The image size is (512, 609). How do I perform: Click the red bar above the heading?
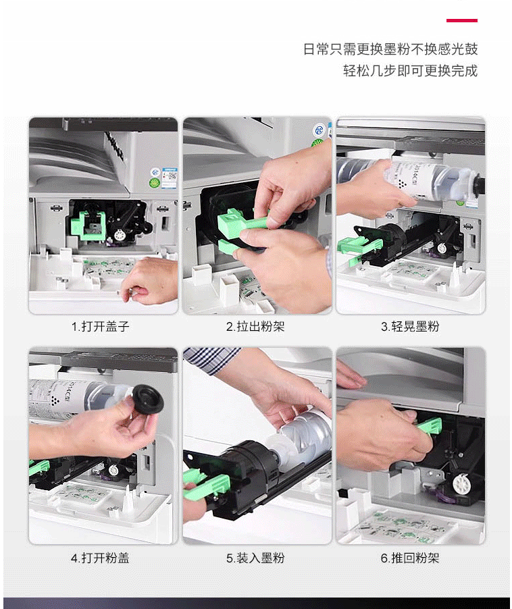461,20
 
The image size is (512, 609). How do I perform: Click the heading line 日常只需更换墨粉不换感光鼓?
390,49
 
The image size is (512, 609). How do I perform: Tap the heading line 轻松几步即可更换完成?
410,71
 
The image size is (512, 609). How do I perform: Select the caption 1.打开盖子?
100,326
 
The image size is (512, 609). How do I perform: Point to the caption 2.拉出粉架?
255,326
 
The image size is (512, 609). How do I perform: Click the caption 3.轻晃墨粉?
410,326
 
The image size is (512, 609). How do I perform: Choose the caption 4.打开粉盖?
100,558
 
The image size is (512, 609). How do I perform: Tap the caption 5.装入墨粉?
255,558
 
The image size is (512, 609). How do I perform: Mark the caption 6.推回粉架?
410,558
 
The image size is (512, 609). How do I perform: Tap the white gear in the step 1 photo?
118,234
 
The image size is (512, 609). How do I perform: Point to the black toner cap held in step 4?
148,400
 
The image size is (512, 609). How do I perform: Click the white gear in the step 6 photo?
461,484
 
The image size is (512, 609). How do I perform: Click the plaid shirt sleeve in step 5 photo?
211,360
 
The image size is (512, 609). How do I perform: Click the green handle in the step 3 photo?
359,249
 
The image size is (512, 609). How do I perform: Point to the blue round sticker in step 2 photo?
319,130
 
